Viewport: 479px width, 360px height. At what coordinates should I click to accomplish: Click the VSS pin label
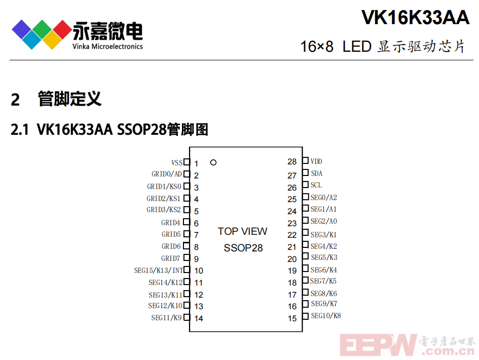pos(177,162)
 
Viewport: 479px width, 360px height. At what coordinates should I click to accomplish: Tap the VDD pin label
pos(316,161)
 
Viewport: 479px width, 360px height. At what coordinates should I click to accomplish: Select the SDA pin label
pos(317,173)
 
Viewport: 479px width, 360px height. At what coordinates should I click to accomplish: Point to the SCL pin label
pos(316,185)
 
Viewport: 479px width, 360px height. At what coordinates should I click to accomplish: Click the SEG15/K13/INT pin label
pos(158,271)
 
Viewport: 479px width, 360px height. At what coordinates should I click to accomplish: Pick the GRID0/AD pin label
pos(167,174)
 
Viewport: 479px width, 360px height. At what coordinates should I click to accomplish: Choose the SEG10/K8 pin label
pos(326,316)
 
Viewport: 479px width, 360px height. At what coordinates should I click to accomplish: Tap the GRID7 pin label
pos(170,258)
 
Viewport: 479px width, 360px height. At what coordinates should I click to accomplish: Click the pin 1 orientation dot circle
pos(213,162)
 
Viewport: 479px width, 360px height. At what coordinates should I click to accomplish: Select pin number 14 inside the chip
pos(199,318)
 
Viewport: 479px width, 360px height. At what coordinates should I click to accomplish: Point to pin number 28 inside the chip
pos(292,162)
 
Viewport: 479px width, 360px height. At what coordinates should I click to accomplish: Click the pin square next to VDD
pos(306,160)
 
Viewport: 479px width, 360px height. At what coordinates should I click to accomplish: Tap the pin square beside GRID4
pos(186,222)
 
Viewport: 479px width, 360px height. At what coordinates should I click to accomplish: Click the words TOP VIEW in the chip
pos(243,231)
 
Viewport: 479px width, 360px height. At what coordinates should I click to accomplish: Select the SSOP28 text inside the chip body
pos(243,248)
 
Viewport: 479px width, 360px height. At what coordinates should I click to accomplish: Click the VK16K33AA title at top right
pos(416,18)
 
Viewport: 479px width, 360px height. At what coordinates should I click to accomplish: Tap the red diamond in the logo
pos(63,30)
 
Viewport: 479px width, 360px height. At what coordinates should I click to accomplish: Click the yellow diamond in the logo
pos(52,40)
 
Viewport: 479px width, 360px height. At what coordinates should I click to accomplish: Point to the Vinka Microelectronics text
pos(108,46)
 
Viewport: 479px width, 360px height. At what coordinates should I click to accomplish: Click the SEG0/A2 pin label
pos(324,198)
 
